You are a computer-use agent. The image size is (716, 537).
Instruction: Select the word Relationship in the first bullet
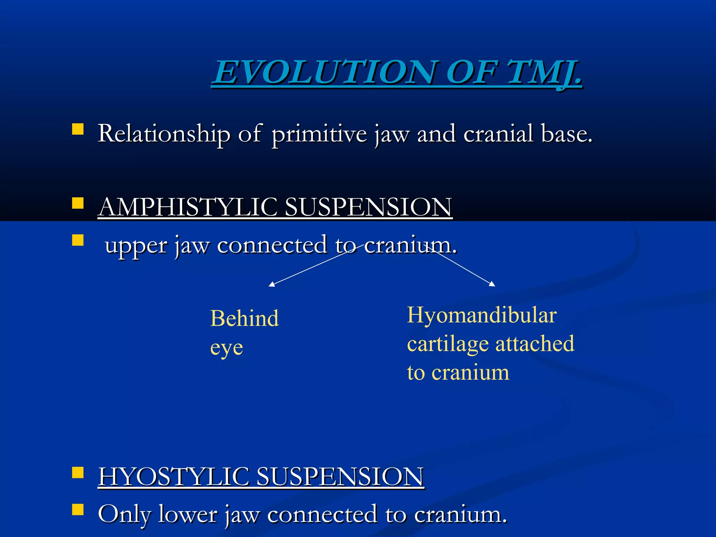tap(164, 134)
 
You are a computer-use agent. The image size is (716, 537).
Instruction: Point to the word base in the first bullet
tap(566, 134)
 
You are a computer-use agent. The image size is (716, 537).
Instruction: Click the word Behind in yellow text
tap(244, 318)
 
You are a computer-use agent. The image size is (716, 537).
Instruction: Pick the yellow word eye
tap(227, 348)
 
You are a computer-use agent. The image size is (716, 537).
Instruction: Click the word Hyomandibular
tap(482, 315)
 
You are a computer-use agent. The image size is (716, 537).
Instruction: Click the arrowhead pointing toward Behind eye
tap(271, 285)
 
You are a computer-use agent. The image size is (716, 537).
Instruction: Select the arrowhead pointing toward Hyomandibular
tap(493, 284)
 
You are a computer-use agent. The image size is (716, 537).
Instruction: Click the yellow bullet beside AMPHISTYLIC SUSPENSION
tap(78, 203)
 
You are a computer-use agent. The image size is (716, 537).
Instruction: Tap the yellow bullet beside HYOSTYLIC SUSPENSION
tap(78, 473)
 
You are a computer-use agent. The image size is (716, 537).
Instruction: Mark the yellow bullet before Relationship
tap(78, 129)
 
